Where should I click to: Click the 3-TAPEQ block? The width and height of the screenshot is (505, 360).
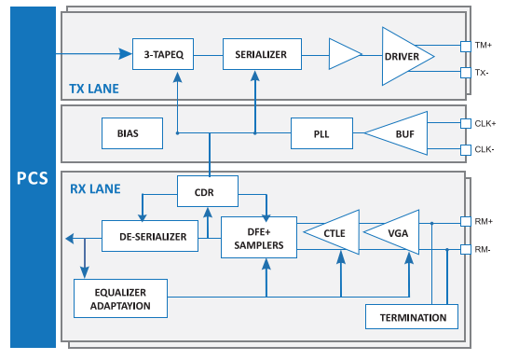pyautogui.click(x=163, y=54)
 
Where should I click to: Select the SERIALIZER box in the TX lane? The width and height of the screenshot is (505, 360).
pyautogui.click(x=262, y=54)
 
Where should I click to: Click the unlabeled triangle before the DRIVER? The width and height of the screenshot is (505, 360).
pyautogui.click(x=345, y=54)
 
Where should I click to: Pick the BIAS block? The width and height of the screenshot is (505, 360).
pyautogui.click(x=132, y=133)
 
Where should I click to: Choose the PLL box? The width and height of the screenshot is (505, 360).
pyautogui.click(x=321, y=133)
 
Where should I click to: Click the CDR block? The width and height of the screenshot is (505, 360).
pyautogui.click(x=208, y=191)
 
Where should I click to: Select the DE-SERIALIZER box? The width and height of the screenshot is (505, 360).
pyautogui.click(x=150, y=236)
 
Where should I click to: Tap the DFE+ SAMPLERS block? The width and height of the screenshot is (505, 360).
pyautogui.click(x=259, y=238)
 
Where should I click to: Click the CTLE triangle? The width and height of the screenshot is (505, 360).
pyautogui.click(x=332, y=232)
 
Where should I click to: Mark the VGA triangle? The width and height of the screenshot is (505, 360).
pyautogui.click(x=391, y=232)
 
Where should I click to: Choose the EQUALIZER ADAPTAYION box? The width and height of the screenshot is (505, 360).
pyautogui.click(x=120, y=298)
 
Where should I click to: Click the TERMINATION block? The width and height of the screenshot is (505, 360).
pyautogui.click(x=412, y=317)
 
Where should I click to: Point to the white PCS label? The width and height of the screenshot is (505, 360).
pyautogui.click(x=33, y=178)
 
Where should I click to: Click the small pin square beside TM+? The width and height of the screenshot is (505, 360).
pyautogui.click(x=466, y=46)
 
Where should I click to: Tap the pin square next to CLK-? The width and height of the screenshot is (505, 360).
pyautogui.click(x=466, y=150)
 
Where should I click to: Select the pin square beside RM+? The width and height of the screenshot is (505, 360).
pyautogui.click(x=466, y=221)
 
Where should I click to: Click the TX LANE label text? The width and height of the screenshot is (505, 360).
pyautogui.click(x=94, y=89)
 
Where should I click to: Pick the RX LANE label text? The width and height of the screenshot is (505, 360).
pyautogui.click(x=95, y=189)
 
